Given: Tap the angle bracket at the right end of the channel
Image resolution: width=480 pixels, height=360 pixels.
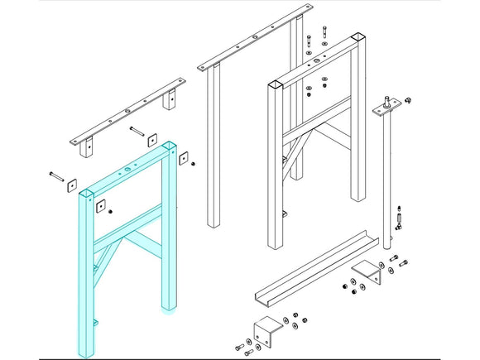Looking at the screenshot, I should coord(367,271).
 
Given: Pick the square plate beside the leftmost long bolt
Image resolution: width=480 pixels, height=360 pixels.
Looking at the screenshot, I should coord(71,185).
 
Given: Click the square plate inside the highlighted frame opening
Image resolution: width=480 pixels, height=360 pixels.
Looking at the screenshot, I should coord(100,205).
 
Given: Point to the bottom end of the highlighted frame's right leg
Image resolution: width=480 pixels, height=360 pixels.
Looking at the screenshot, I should coord(168,310).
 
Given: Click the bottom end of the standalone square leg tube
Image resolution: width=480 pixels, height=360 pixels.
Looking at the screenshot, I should coord(214,223).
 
